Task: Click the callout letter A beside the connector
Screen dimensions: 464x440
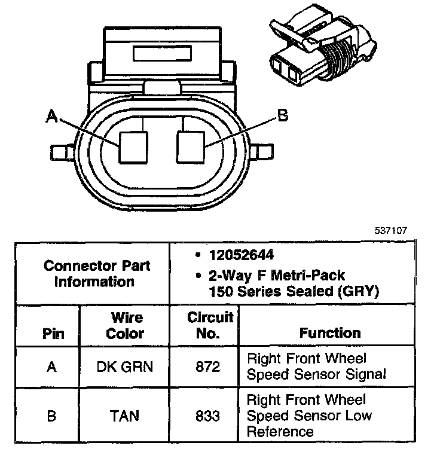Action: pyautogui.click(x=53, y=118)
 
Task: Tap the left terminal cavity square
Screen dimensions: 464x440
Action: pyautogui.click(x=133, y=146)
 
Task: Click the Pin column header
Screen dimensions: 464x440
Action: pyautogui.click(x=53, y=333)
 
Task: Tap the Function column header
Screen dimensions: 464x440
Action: pyautogui.click(x=330, y=333)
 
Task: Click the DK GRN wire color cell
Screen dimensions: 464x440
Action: pyautogui.click(x=125, y=366)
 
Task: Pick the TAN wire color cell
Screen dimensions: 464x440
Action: pyautogui.click(x=125, y=415)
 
